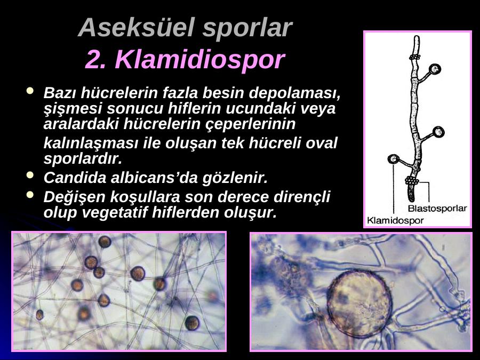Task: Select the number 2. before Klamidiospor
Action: [95, 60]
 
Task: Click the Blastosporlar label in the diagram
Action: [437, 209]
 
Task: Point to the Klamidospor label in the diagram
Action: [395, 220]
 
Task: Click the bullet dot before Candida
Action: [30, 175]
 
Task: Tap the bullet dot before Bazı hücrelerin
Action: [30, 91]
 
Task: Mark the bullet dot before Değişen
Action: [30, 195]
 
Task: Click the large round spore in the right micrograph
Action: [359, 303]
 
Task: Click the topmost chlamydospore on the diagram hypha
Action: [435, 69]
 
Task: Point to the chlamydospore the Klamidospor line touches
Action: [394, 159]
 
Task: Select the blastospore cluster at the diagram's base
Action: [412, 181]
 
